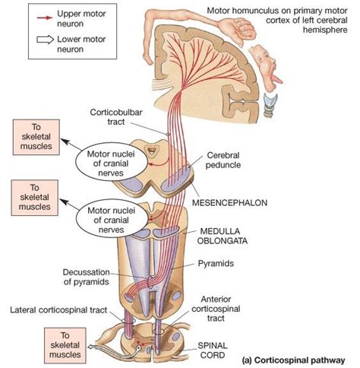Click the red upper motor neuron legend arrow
tap(45, 17)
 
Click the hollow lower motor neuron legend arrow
tap(46, 40)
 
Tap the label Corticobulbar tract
tap(116, 117)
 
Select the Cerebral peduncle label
tap(223, 160)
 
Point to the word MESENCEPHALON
tap(229, 202)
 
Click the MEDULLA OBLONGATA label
tap(223, 236)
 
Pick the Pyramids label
tap(216, 263)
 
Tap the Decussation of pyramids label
tap(87, 277)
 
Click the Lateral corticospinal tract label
tap(58, 309)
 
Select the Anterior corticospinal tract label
tap(216, 309)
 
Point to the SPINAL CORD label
tap(213, 350)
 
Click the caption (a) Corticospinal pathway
tap(293, 360)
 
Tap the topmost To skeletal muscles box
tap(36, 137)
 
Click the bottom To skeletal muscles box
tap(65, 345)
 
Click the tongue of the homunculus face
tap(276, 80)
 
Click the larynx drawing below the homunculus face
tap(270, 104)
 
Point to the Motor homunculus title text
tap(277, 21)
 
